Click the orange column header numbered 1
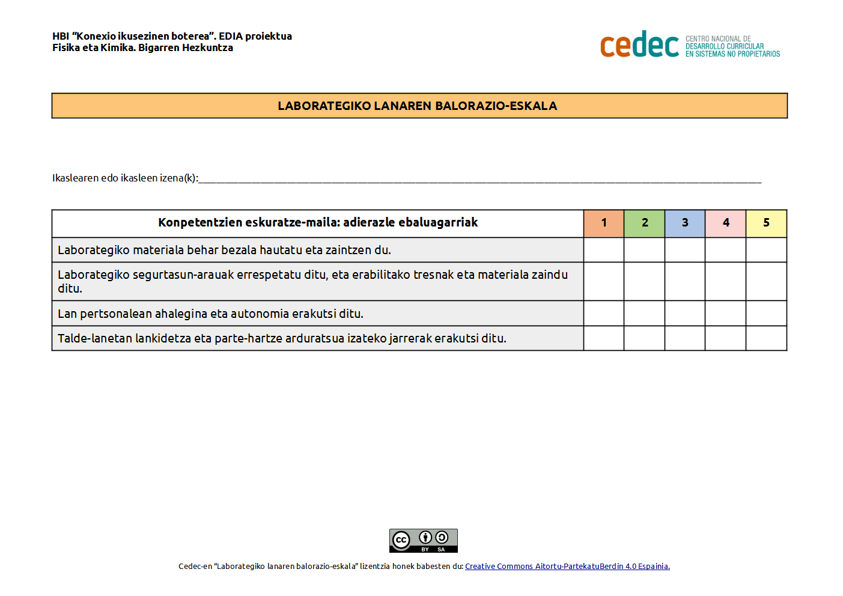[604, 223]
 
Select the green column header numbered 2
[645, 223]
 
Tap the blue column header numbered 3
[685, 223]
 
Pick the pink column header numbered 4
[726, 223]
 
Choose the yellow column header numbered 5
[766, 223]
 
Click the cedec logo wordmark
[639, 45]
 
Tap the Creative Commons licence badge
[424, 540]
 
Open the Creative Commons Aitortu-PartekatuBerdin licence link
[567, 566]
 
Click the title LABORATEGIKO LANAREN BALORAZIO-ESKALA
[418, 106]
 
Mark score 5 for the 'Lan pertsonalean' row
[766, 313]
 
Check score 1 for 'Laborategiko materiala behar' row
[604, 250]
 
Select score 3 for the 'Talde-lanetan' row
[685, 338]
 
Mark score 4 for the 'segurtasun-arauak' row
[726, 281]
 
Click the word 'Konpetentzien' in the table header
[200, 222]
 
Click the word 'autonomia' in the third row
[260, 314]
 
